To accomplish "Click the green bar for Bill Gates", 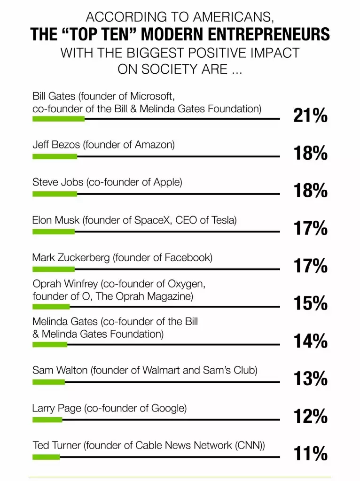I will click(58, 119).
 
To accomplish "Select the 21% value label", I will click(310, 116).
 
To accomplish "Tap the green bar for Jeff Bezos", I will click(55, 156).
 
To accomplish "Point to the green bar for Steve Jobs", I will click(55, 194).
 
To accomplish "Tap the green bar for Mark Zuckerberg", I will click(53, 269).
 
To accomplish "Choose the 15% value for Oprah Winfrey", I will click(310, 304).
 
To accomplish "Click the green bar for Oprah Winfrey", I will click(51, 307).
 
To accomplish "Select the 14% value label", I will click(310, 341).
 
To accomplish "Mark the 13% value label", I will click(310, 379).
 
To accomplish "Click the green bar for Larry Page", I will click(47, 419).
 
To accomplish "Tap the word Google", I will click(167, 408).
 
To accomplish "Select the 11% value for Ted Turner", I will click(310, 454).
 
